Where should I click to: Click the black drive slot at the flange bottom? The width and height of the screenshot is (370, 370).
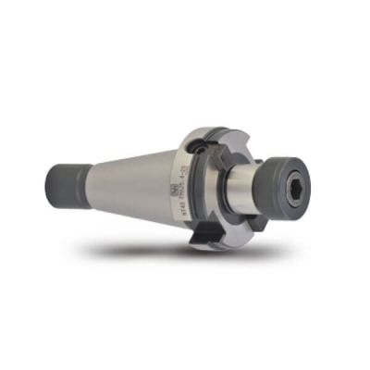[205, 237]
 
